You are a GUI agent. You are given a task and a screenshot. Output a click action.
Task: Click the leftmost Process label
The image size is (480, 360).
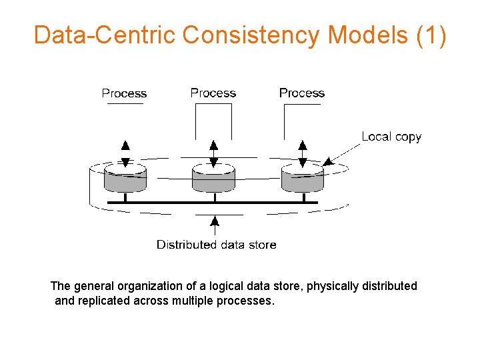[124, 93]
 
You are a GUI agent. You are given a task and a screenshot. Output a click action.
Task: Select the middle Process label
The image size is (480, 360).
[213, 93]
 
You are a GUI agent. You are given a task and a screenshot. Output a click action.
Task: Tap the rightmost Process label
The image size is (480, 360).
[301, 93]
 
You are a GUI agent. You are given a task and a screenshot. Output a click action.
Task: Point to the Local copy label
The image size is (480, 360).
[391, 137]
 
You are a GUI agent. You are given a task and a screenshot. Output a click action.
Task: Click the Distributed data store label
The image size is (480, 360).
[216, 245]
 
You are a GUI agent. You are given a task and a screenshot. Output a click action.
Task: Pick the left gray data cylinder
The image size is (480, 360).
[125, 179]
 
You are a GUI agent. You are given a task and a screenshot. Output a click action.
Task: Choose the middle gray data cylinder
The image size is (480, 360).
[213, 179]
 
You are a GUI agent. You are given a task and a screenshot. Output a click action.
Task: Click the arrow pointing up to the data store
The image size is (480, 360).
[214, 220]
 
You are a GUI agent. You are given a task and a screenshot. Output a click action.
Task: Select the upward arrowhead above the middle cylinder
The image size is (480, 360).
[213, 145]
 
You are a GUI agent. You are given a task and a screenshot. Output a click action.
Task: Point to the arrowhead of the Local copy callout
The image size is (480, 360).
[327, 161]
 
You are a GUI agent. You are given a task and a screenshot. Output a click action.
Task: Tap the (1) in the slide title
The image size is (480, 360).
[431, 35]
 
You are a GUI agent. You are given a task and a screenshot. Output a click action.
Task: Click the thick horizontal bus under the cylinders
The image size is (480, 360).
[213, 202]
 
